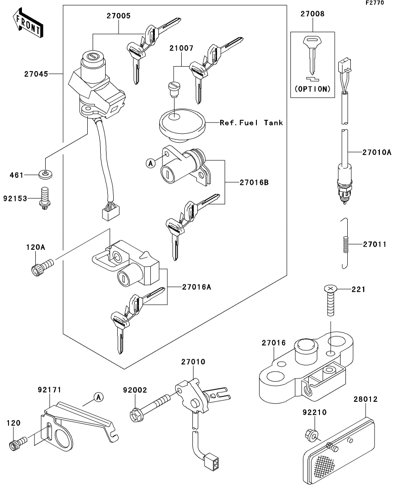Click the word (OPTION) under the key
pyautogui.click(x=312, y=88)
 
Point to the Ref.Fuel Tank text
pyautogui.click(x=251, y=122)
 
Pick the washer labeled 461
pyautogui.click(x=48, y=175)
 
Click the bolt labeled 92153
pyautogui.click(x=44, y=198)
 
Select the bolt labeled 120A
pyautogui.click(x=38, y=269)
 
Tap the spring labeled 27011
pyautogui.click(x=345, y=244)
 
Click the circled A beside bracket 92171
pyautogui.click(x=98, y=396)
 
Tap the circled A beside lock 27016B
pyautogui.click(x=151, y=164)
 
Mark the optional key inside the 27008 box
pyautogui.click(x=312, y=56)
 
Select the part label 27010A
pyautogui.click(x=377, y=152)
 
